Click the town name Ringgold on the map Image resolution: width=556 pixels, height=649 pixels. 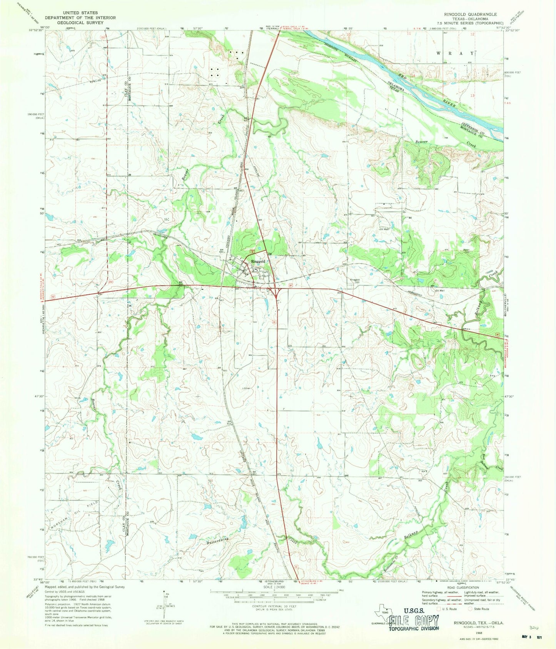point(258,261)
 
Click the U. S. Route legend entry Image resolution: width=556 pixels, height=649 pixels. point(449,609)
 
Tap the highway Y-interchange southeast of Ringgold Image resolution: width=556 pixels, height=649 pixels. point(277,293)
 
